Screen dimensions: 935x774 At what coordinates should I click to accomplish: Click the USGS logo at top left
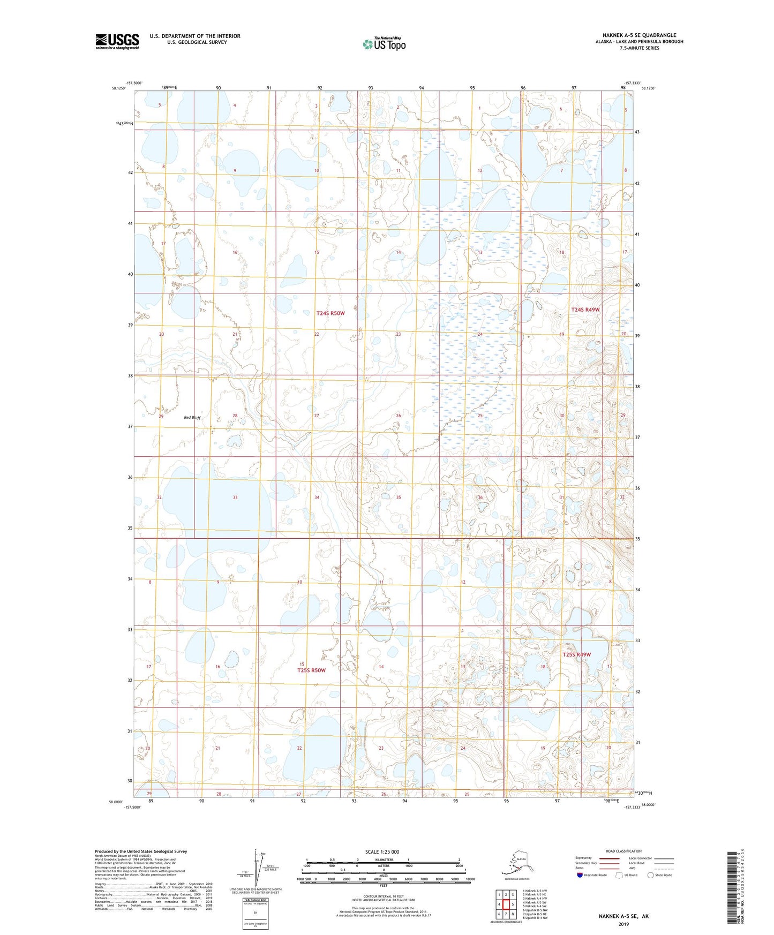[117, 41]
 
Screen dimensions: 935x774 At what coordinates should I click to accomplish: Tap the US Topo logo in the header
[384, 44]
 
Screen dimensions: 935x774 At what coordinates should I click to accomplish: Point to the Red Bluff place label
[192, 418]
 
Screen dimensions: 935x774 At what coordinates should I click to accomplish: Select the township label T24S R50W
[330, 313]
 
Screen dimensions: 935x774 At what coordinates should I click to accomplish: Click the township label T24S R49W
[585, 310]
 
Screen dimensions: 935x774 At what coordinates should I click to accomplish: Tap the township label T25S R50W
[311, 670]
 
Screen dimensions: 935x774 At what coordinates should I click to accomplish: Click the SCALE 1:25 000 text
[382, 851]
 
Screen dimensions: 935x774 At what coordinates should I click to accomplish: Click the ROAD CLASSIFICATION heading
[623, 851]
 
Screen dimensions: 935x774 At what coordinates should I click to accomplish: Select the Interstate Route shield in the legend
[580, 875]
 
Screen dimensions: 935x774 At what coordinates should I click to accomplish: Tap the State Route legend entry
[659, 875]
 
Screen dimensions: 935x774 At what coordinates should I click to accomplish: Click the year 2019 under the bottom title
[623, 924]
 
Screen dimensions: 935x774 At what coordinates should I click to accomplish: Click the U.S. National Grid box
[255, 915]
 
